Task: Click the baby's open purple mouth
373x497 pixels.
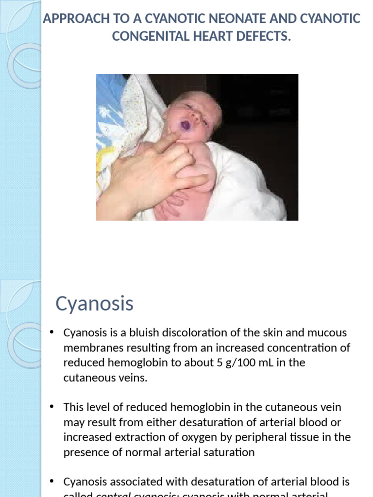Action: tap(186, 125)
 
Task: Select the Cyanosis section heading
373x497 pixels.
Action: tap(94, 303)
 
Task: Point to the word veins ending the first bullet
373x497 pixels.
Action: tap(132, 378)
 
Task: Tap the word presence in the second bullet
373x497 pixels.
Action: tap(83, 452)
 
